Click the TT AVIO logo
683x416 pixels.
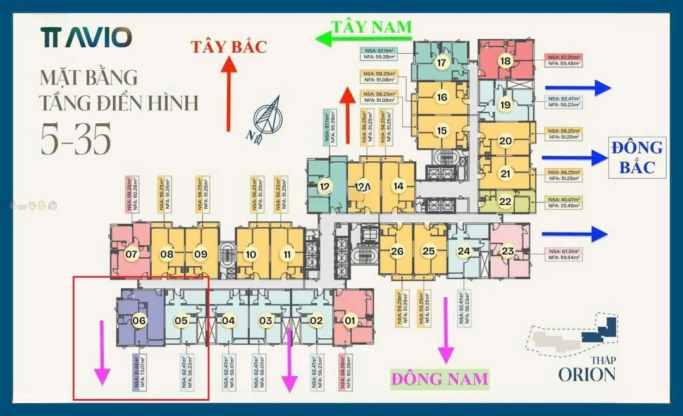point(87,37)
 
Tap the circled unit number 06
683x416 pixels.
point(139,321)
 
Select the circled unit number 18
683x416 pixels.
point(505,61)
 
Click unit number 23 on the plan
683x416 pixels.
point(508,251)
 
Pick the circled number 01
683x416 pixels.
point(349,321)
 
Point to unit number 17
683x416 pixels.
point(441,63)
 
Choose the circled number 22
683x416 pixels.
point(505,202)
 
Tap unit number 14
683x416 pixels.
point(398,186)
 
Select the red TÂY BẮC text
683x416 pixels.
point(230,46)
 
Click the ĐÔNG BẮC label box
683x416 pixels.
point(637,157)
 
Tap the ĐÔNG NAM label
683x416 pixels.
point(440,379)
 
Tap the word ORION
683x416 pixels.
point(586,374)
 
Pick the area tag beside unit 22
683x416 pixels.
point(563,203)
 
